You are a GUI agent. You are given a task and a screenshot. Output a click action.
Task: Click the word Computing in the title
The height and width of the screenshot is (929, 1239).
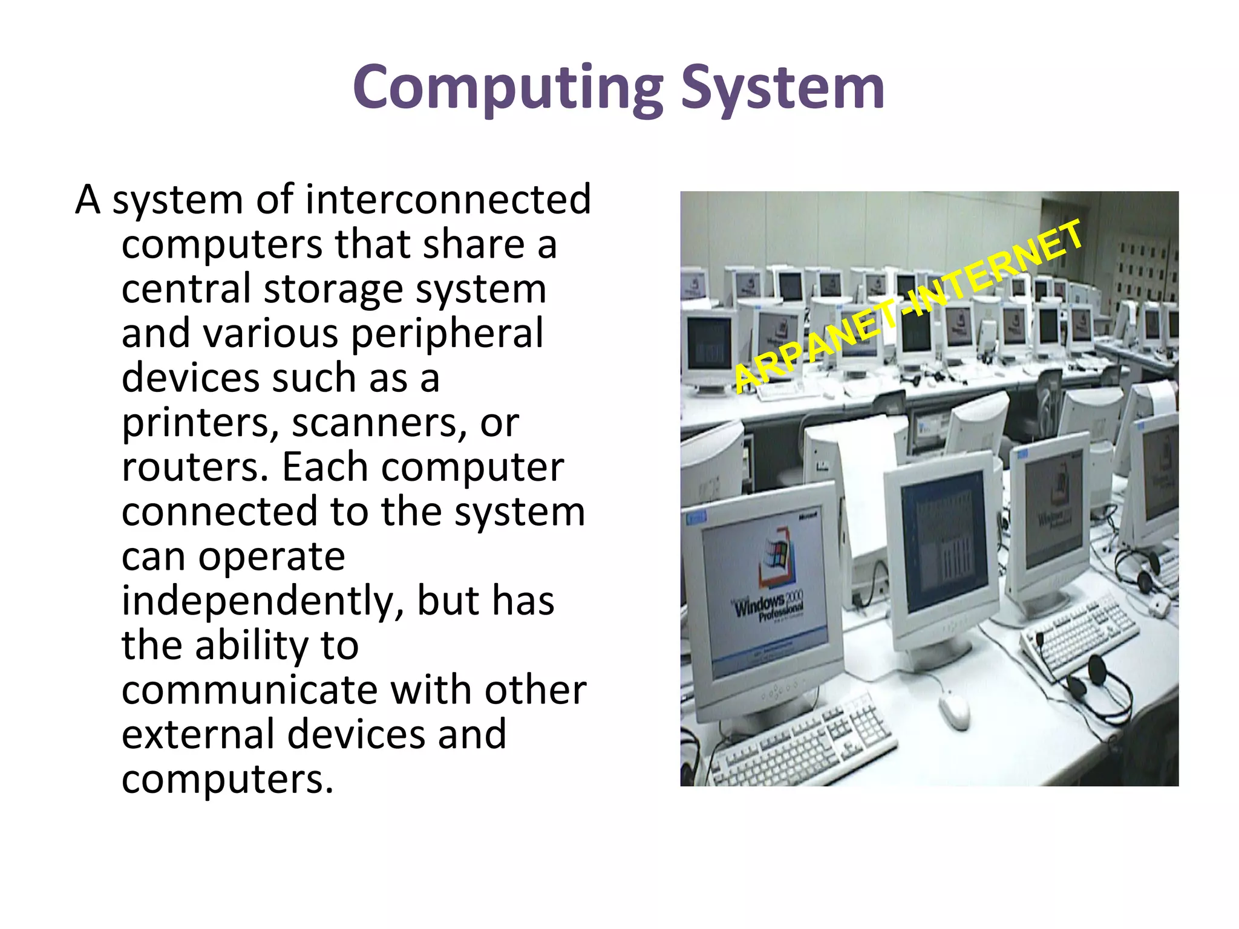(508, 88)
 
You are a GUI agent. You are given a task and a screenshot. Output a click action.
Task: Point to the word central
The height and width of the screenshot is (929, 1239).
(186, 288)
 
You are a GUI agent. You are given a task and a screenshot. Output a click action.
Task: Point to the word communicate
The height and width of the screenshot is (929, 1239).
(251, 690)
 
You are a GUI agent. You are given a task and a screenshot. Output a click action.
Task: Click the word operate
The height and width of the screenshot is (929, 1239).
(272, 557)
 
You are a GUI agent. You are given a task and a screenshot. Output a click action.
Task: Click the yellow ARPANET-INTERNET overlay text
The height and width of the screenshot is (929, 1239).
(907, 305)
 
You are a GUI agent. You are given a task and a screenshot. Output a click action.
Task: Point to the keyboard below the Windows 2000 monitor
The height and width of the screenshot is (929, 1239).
(805, 741)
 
